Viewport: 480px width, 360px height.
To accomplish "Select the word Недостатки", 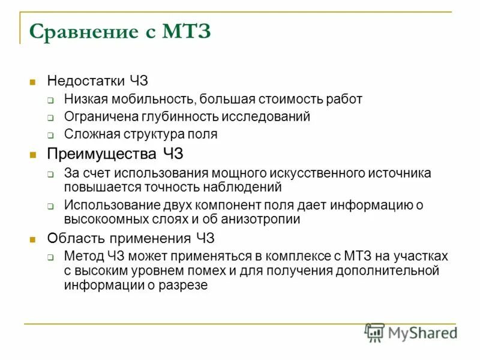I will pos(85,81).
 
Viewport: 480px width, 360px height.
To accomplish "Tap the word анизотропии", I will pos(263,219).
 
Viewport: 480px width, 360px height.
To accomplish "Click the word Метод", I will pos(85,256).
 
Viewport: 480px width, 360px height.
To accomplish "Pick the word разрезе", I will pos(186,285).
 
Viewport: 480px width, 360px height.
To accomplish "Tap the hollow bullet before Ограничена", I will pos(52,118).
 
